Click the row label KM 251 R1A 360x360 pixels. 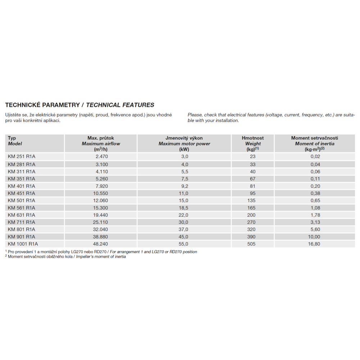21,157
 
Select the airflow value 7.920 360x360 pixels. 102,186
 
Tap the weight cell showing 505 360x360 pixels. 252,244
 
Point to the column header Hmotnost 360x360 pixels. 252,138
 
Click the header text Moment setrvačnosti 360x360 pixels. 314,138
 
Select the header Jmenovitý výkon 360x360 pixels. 184,138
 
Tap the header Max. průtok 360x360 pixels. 101,138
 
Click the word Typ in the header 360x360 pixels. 12,138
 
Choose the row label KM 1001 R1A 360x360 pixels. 23,244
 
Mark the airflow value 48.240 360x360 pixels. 101,244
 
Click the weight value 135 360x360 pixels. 252,201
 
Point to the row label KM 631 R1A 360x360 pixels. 21,215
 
